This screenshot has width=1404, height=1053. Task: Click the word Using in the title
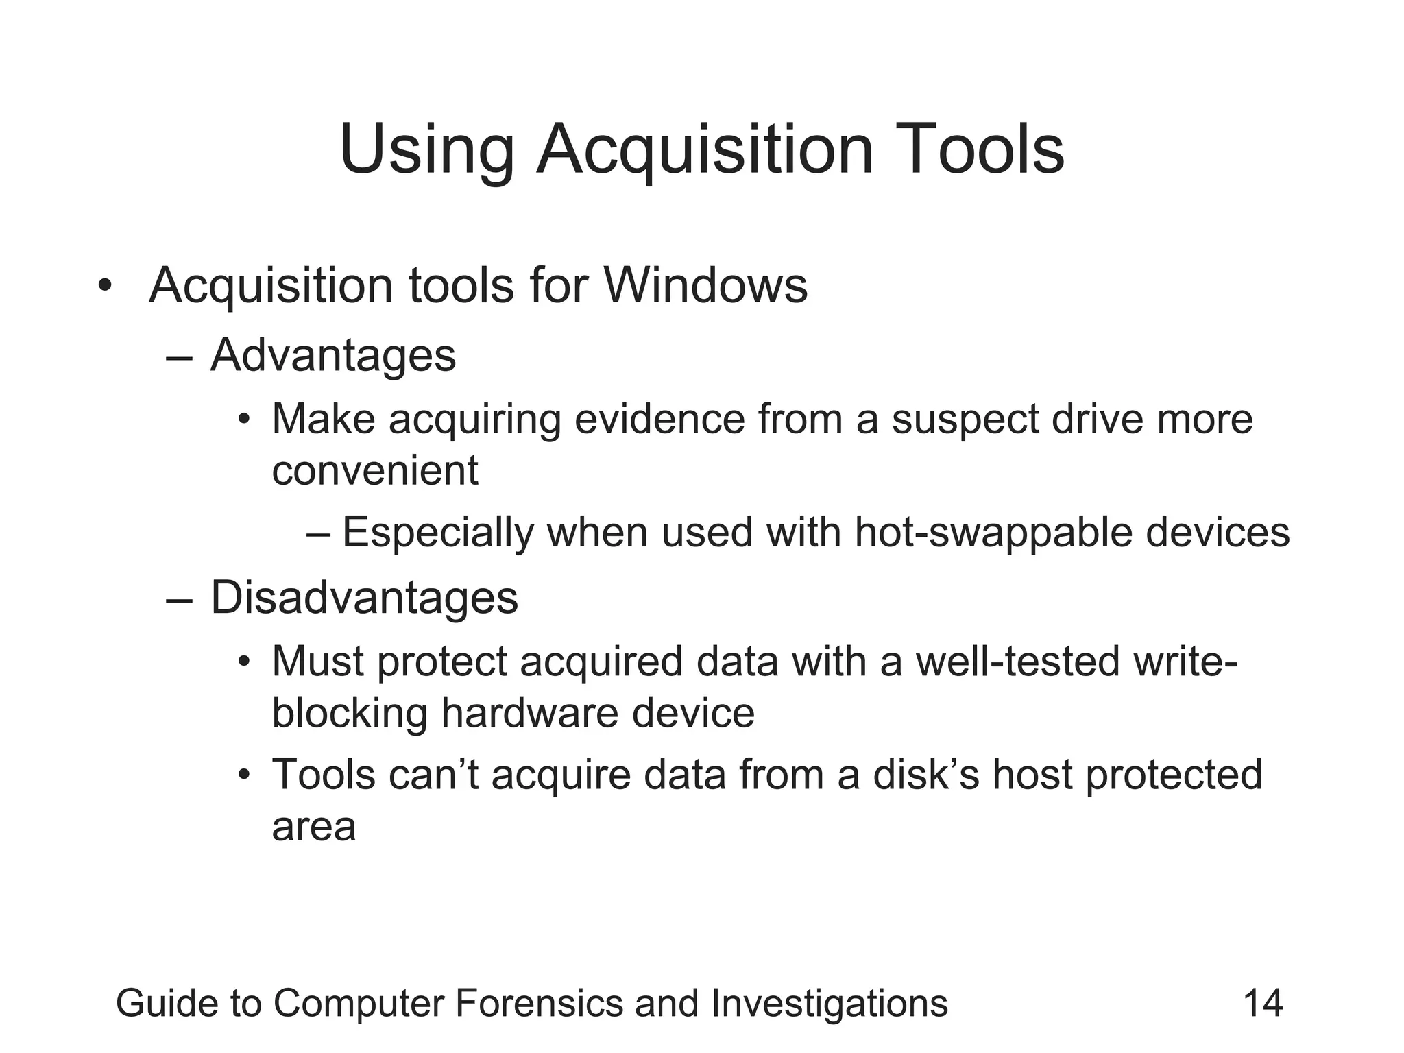coord(426,150)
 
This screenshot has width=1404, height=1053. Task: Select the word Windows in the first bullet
coord(705,285)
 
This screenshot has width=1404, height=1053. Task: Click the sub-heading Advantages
coord(333,356)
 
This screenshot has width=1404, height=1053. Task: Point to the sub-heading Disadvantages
coord(364,598)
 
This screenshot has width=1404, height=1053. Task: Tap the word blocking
coord(349,713)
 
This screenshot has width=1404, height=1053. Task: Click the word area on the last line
coord(314,827)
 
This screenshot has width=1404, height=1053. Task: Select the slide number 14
coord(1263,1003)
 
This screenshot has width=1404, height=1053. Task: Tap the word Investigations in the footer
coord(830,1003)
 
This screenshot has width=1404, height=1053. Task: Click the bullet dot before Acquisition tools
coord(104,286)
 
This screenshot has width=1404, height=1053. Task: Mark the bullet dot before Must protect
coord(243,662)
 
